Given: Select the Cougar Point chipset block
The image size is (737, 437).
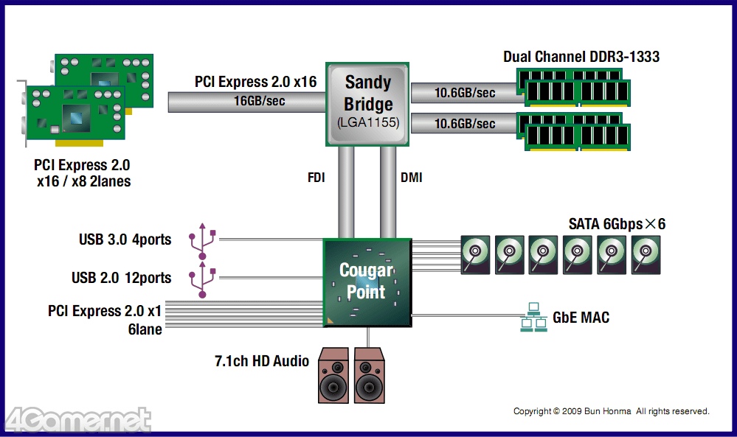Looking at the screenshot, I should (367, 282).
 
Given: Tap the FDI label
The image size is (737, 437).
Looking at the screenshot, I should (316, 178).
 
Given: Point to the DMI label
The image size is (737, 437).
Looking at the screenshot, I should (412, 178).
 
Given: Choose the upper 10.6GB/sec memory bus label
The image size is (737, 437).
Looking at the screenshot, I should (464, 93).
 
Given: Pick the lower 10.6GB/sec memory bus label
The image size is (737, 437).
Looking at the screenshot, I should (464, 124).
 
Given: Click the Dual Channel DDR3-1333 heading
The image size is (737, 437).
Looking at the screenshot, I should (581, 57).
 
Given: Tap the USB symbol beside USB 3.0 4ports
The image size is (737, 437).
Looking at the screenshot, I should (203, 239).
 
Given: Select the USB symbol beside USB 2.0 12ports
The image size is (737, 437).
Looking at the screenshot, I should (203, 278).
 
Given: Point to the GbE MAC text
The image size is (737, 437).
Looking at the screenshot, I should (581, 318).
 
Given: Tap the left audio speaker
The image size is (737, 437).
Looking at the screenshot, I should (333, 375).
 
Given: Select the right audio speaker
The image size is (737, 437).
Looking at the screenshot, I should (370, 375).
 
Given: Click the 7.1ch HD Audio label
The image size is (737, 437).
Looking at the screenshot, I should (261, 361).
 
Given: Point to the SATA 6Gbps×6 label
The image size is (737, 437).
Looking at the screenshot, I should (617, 224).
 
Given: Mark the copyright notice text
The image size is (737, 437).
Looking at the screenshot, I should (611, 411).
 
